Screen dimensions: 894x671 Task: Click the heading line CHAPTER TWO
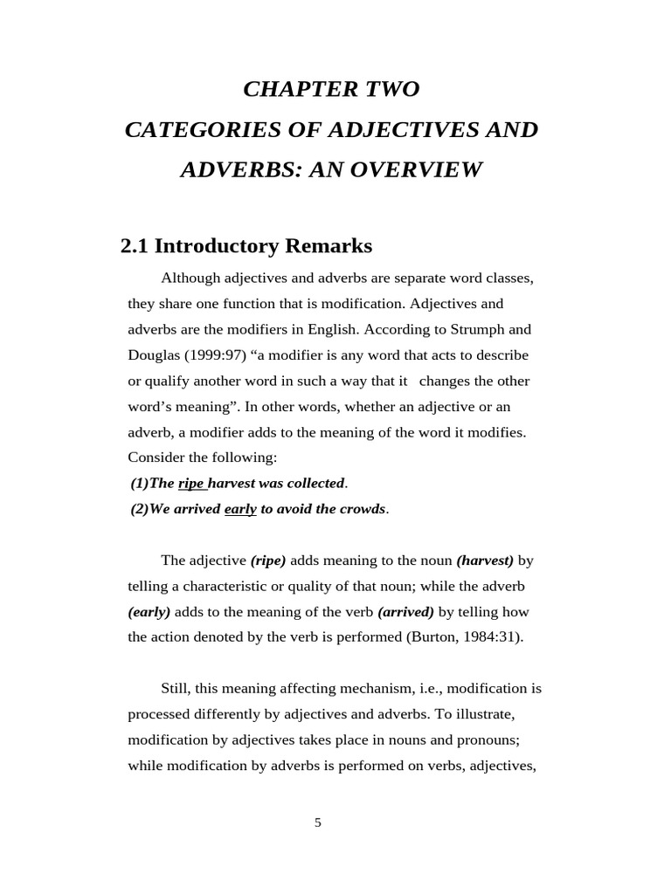coord(331,89)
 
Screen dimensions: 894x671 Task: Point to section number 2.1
coord(135,246)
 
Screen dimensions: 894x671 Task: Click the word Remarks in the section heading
coord(329,246)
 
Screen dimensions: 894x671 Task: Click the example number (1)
coord(140,483)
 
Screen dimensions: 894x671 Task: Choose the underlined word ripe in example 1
coord(190,483)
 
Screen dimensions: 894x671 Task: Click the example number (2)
coord(140,509)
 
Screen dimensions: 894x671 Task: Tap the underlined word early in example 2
coord(240,509)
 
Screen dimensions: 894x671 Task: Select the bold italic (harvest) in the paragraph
coord(485,560)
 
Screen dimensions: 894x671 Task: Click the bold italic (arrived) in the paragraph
coord(406,611)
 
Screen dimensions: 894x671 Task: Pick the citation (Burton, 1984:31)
coord(465,636)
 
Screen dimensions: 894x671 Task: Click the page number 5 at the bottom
coord(318,822)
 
